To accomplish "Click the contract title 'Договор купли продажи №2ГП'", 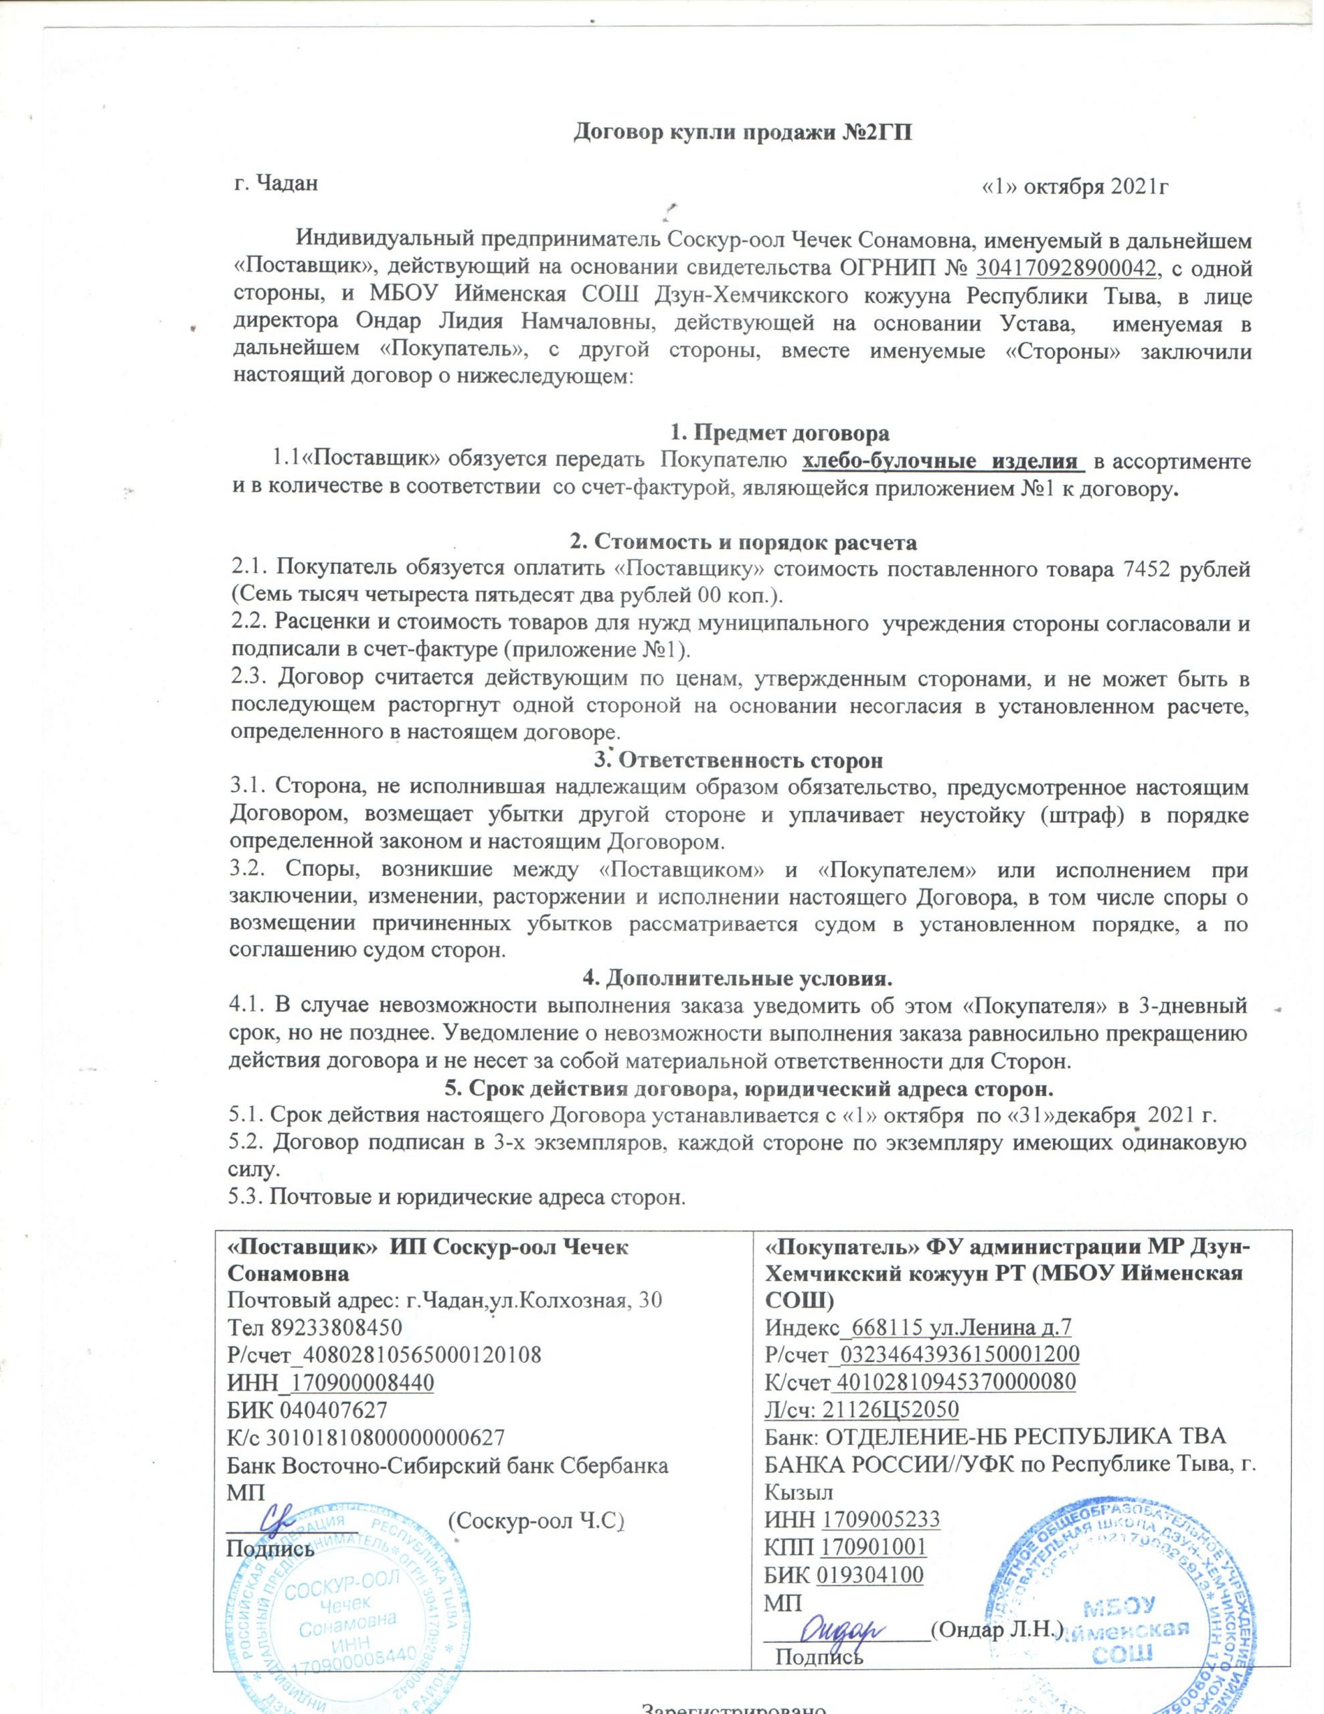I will tap(744, 131).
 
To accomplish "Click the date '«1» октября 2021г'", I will tap(1078, 187).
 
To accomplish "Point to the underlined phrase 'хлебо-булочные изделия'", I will tap(941, 461).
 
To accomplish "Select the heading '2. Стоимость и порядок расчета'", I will tap(742, 542).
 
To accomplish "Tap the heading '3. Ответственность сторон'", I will tap(737, 761).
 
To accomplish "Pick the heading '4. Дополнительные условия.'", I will tap(737, 980).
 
